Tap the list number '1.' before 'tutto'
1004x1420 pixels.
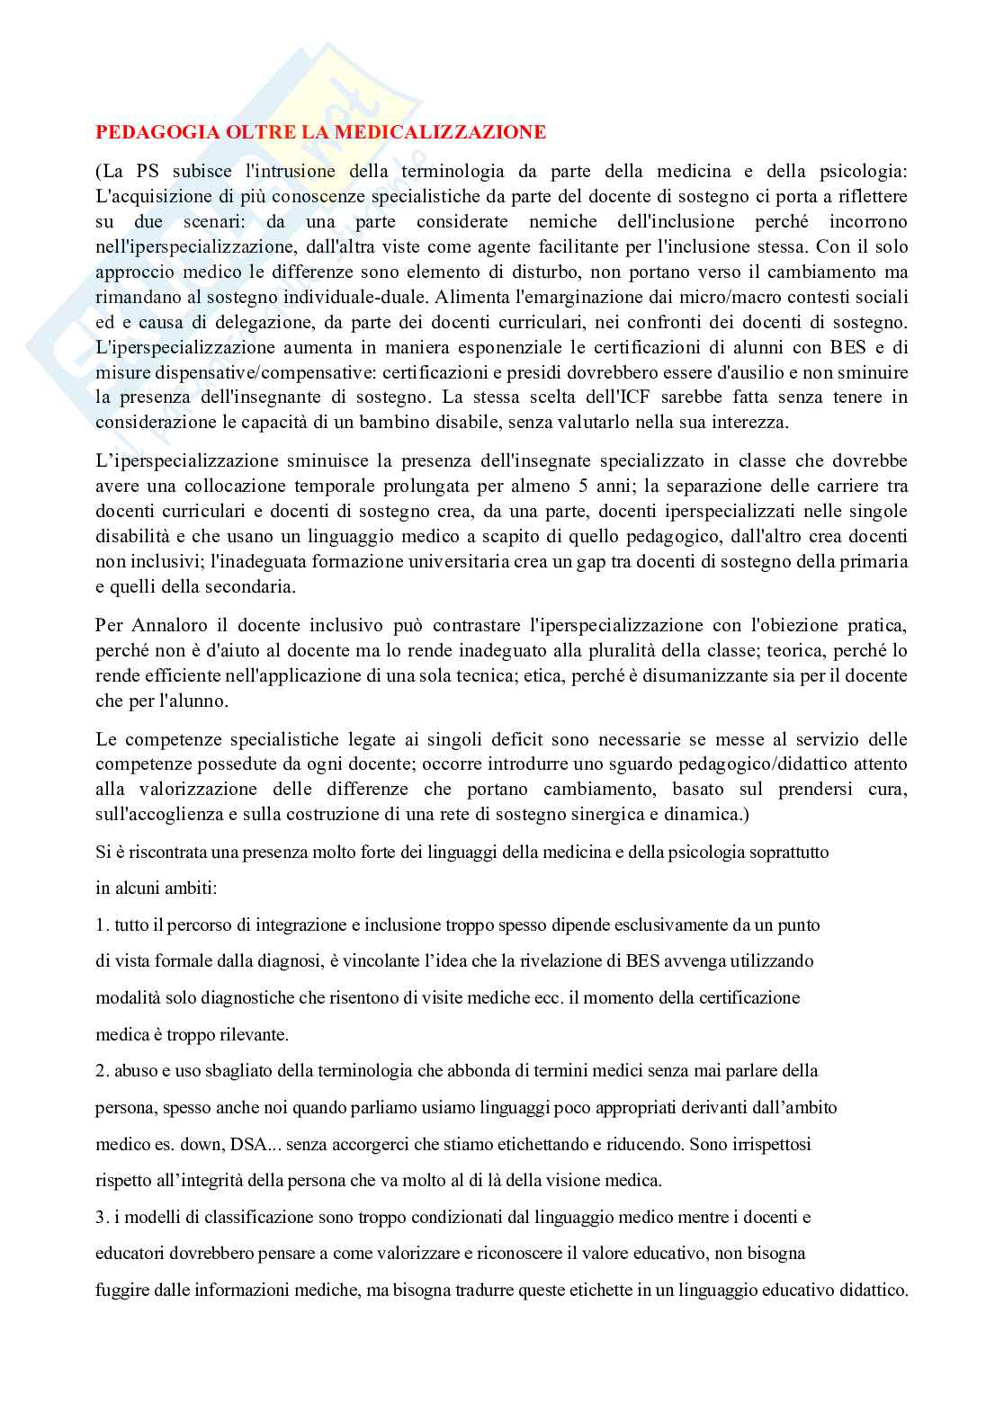(103, 924)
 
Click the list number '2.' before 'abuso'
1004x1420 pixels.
(103, 1071)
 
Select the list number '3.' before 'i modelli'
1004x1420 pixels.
(103, 1218)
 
